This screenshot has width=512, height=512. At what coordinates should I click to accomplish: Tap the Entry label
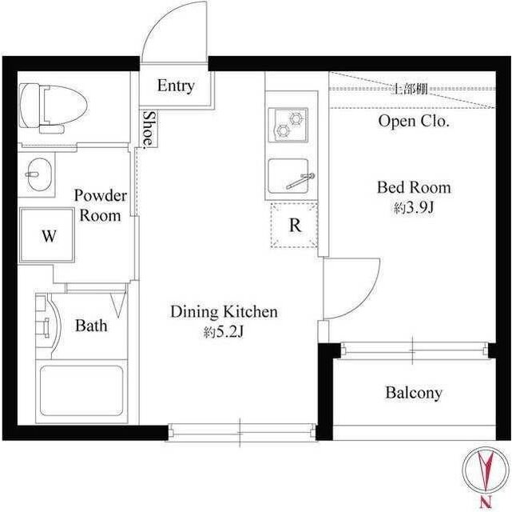click(x=175, y=86)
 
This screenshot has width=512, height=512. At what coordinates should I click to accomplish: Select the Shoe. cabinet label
click(x=149, y=128)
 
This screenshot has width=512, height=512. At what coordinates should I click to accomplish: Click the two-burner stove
click(x=287, y=123)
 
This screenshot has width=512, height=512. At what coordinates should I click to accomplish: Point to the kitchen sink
click(x=288, y=177)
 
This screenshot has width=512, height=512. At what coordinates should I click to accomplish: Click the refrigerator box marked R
click(x=295, y=226)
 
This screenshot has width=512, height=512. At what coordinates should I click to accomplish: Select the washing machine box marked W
click(x=49, y=236)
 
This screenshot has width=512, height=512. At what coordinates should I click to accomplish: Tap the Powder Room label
click(x=100, y=206)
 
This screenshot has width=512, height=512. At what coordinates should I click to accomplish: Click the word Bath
click(x=91, y=326)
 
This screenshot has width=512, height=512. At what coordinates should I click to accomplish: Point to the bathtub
click(x=82, y=393)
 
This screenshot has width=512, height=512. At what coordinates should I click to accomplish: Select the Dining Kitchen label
click(x=224, y=312)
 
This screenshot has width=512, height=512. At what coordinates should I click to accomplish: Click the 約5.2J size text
click(x=224, y=332)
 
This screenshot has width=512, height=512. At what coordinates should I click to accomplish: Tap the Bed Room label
click(x=414, y=188)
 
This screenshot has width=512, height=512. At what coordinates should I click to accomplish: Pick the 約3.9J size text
click(x=413, y=208)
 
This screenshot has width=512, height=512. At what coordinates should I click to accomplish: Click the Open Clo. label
click(x=414, y=122)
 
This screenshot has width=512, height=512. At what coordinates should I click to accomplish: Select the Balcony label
click(x=414, y=393)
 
